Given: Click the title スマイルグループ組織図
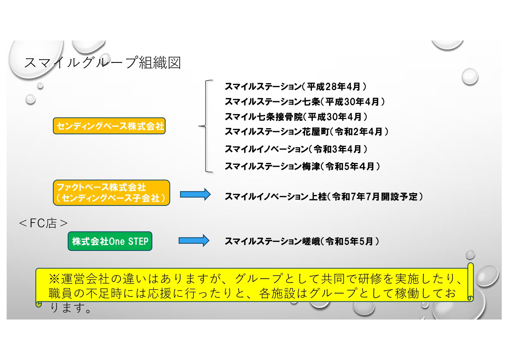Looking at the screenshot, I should tap(102, 63).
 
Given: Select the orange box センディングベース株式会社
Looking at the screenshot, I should tap(109, 126).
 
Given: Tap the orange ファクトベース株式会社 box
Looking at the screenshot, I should tap(111, 193).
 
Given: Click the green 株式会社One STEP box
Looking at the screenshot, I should tap(110, 241).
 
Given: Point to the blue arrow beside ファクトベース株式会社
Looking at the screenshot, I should tap(195, 194).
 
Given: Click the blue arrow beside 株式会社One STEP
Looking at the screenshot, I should tap(194, 241).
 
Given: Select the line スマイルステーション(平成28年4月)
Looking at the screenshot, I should tap(295, 87).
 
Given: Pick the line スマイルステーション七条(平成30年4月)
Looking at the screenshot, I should tap(305, 102).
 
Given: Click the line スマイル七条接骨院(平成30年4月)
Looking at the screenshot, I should tap(296, 117).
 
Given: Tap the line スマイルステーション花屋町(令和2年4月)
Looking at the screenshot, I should tap(306, 131).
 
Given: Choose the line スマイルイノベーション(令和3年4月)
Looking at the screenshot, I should tap(296, 149).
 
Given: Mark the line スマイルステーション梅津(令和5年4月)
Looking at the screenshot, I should tap(302, 166).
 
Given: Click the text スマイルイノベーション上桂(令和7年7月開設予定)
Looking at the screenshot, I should tap(324, 197).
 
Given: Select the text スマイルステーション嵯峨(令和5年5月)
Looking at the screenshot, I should tap(302, 241).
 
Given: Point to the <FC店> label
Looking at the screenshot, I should tap(43, 223).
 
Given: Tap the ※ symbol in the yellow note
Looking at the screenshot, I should tap(54, 278).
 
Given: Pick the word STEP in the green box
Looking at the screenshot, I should tap(138, 241).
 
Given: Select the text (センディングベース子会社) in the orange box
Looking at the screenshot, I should tap(111, 198).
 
